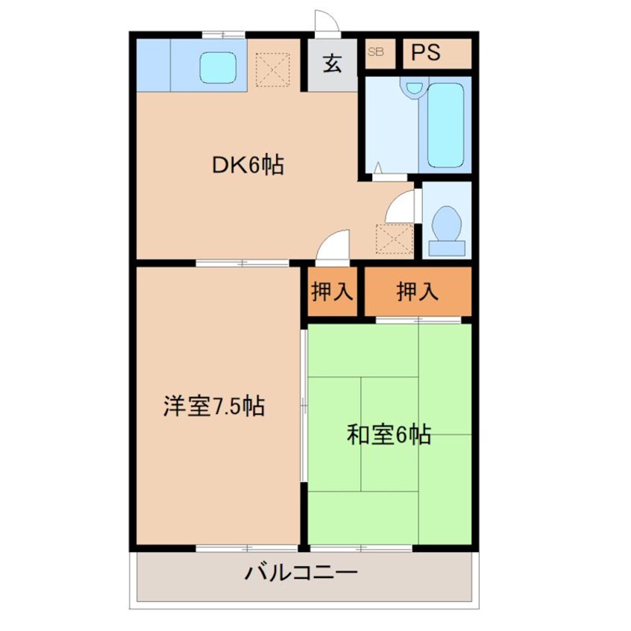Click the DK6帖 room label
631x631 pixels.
pyautogui.click(x=248, y=165)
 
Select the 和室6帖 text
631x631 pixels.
pyautogui.click(x=389, y=434)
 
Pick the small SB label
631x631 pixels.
pyautogui.click(x=374, y=52)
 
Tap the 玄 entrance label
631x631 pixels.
pyautogui.click(x=332, y=63)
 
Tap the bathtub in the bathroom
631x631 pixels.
pyautogui.click(x=446, y=125)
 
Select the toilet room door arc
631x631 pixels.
pyautogui.click(x=402, y=206)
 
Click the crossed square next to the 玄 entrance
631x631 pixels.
pyautogui.click(x=270, y=69)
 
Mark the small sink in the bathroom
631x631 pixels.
pyautogui.click(x=411, y=88)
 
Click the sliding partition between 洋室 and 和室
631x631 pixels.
pyautogui.click(x=304, y=406)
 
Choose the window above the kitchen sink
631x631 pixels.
pyautogui.click(x=224, y=34)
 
